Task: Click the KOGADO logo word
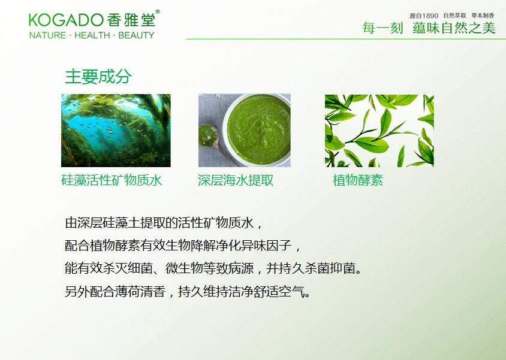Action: tap(66, 20)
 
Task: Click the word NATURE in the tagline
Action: tap(47, 35)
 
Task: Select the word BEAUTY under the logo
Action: tap(136, 35)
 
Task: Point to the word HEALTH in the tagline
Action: tap(92, 35)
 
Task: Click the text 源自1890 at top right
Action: tap(424, 16)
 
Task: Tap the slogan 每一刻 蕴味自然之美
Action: tap(429, 28)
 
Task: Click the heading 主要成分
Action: tap(98, 77)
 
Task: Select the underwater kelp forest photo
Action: tap(116, 131)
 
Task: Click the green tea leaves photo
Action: tap(379, 131)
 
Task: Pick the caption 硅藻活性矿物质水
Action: tap(112, 180)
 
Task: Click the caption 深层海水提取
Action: tap(236, 180)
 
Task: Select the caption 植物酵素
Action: tap(357, 180)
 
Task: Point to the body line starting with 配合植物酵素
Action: tap(183, 246)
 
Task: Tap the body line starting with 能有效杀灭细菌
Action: tap(213, 268)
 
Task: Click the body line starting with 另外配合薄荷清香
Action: tap(188, 292)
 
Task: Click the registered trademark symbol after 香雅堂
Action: tap(158, 12)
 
